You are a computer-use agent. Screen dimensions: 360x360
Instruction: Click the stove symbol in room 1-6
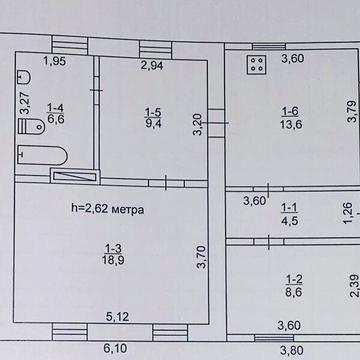point(254,67)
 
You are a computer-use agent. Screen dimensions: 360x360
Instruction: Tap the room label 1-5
point(152,113)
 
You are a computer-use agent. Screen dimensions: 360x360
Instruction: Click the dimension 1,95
point(55,62)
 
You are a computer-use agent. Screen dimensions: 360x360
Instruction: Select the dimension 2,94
point(152,66)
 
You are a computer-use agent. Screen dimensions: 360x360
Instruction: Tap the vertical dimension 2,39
point(352,285)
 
